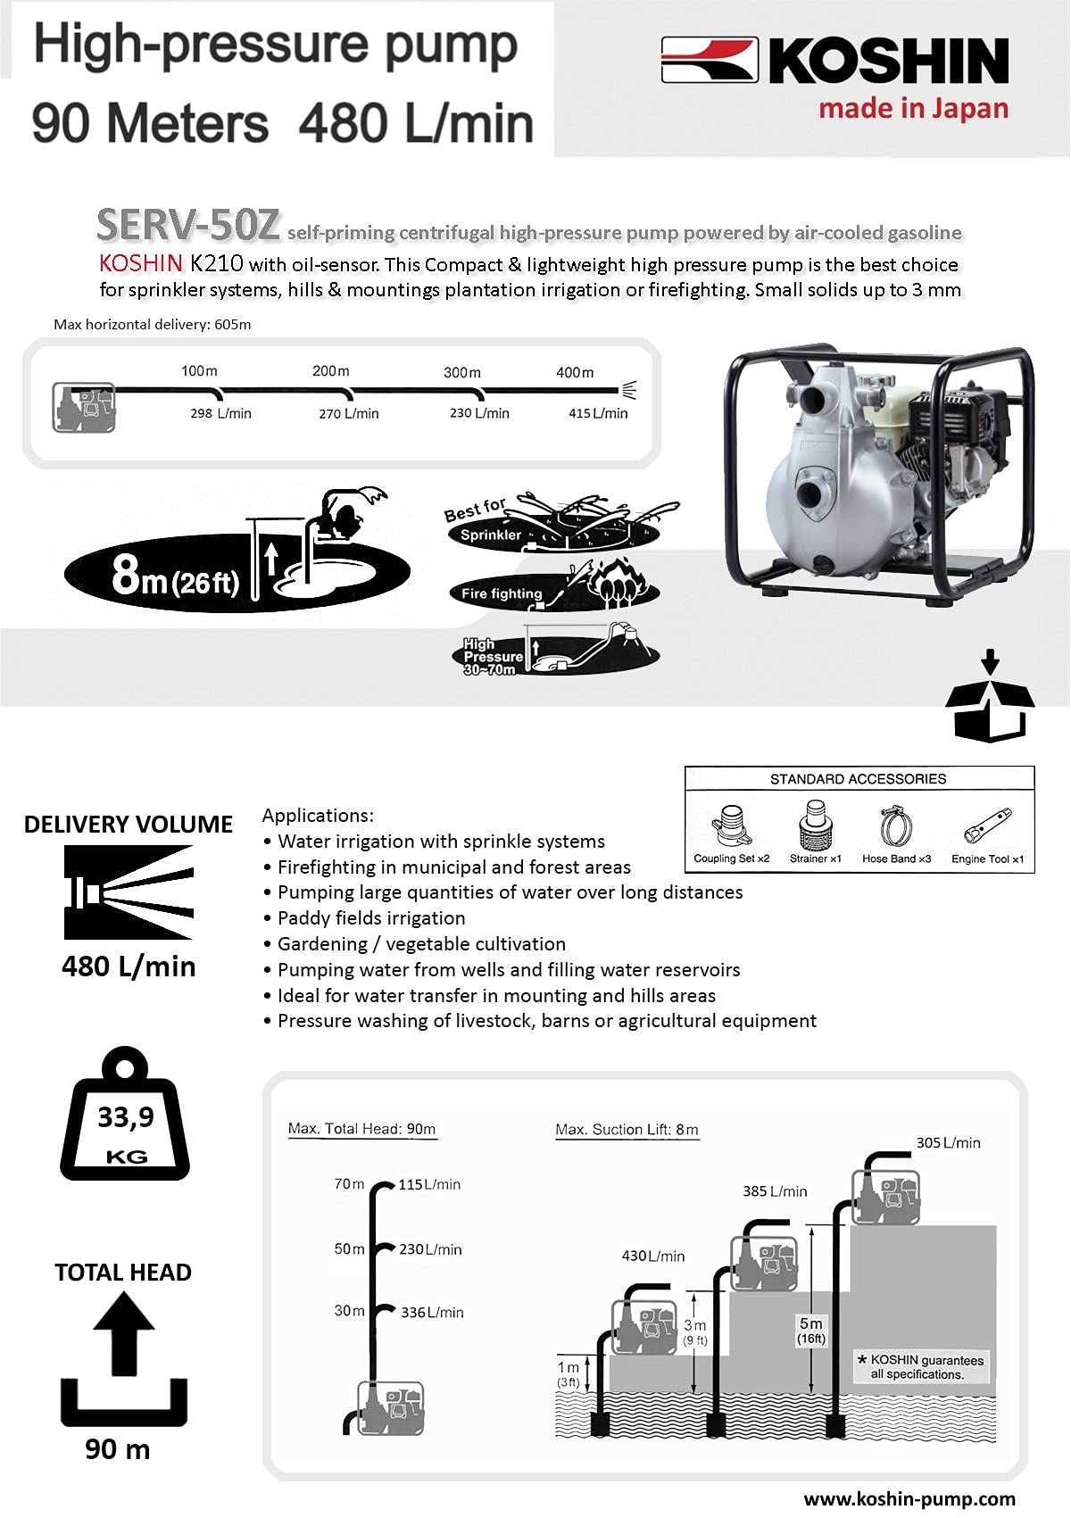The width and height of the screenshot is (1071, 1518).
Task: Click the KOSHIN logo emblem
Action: pyautogui.click(x=709, y=60)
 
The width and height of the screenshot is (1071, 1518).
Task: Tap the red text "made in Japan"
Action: pyautogui.click(x=913, y=109)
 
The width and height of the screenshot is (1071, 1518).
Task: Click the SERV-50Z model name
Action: pyautogui.click(x=187, y=225)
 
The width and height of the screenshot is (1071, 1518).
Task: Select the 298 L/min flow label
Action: pyautogui.click(x=220, y=413)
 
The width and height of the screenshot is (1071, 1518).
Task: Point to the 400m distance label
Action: pyautogui.click(x=575, y=372)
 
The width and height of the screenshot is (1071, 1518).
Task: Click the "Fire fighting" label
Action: pyautogui.click(x=502, y=593)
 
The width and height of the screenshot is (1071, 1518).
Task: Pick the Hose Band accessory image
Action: pyautogui.click(x=896, y=826)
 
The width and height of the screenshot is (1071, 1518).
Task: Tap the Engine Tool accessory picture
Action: pyautogui.click(x=988, y=824)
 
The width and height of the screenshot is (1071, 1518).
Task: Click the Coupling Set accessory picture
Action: pyautogui.click(x=730, y=826)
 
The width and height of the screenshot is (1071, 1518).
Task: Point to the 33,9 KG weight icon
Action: pyautogui.click(x=125, y=1114)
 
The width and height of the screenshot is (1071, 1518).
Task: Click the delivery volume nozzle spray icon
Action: pyautogui.click(x=129, y=892)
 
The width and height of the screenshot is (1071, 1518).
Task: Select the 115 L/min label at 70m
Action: pyautogui.click(x=429, y=1184)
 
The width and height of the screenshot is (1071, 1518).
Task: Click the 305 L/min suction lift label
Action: pyautogui.click(x=949, y=1142)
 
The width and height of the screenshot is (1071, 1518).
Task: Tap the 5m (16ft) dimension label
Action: pyautogui.click(x=811, y=1331)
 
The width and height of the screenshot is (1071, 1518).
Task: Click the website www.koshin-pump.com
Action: pyautogui.click(x=909, y=1498)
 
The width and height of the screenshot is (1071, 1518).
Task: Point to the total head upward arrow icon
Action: pyautogui.click(x=123, y=1333)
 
